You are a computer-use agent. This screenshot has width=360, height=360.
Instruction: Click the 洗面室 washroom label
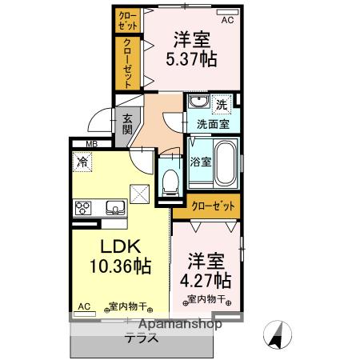pos(213,124)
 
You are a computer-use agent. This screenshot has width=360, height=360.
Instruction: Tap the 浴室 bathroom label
pos(201,161)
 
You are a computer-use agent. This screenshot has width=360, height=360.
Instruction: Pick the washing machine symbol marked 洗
pos(223,104)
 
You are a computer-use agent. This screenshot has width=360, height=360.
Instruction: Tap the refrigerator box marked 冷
pos(82,162)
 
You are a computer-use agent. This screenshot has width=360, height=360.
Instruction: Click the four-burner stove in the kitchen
pos(82,209)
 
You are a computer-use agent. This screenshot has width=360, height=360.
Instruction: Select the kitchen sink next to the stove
pos(113,209)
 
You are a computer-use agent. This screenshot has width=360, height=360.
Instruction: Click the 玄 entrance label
pos(128,120)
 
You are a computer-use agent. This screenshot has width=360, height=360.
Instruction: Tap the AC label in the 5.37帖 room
pos(226,20)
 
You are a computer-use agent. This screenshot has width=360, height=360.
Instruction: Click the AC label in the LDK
pos(83,306)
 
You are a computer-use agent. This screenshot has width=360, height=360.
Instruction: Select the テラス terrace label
pos(140,337)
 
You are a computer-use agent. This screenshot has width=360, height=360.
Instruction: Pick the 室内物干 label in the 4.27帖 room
pos(204,300)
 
